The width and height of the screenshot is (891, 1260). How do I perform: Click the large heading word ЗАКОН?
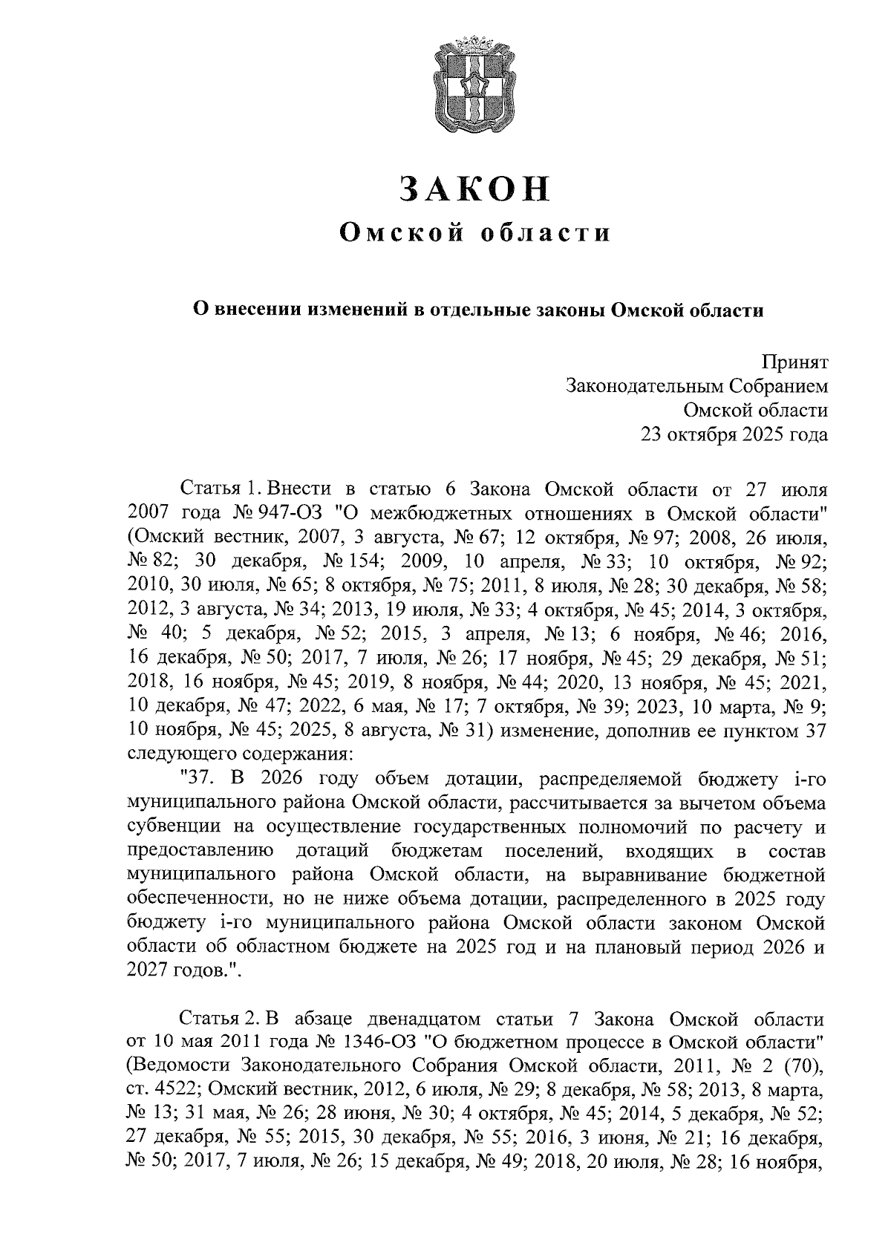click(x=475, y=189)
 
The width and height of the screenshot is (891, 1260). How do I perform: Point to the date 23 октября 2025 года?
click(x=734, y=434)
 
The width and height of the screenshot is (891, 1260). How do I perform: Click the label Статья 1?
click(x=222, y=489)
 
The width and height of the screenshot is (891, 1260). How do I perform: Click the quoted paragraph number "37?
click(x=199, y=780)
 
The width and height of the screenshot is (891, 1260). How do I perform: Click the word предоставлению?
click(x=200, y=851)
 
